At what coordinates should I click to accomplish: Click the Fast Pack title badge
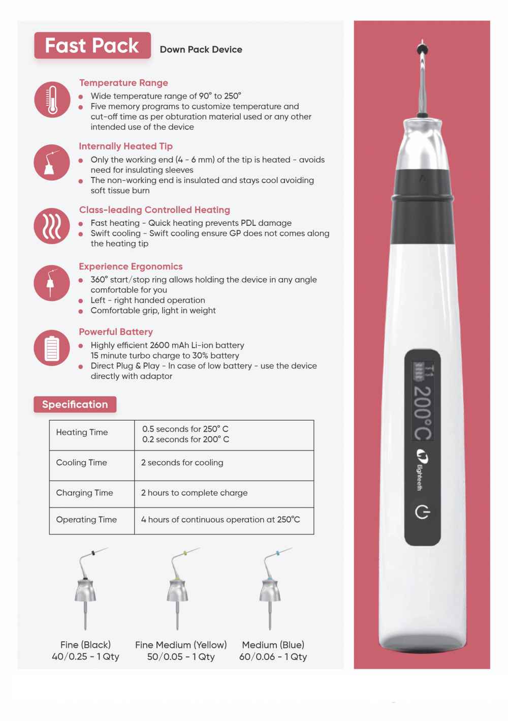(x=92, y=46)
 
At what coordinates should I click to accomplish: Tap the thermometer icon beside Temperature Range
(x=52, y=100)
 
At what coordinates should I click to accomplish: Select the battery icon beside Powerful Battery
(x=52, y=348)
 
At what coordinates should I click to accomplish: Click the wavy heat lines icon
(x=52, y=226)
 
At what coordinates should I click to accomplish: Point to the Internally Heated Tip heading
(x=125, y=146)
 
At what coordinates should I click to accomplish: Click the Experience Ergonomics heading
(x=131, y=266)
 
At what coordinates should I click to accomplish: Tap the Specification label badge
(x=75, y=405)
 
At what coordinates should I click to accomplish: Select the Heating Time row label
(x=82, y=433)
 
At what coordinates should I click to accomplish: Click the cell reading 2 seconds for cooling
(x=182, y=463)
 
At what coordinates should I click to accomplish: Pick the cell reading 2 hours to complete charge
(x=195, y=493)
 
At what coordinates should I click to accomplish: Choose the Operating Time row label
(x=86, y=520)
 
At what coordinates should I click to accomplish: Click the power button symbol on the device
(x=422, y=512)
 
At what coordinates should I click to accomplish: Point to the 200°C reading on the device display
(x=423, y=412)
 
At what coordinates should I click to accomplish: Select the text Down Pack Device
(x=201, y=50)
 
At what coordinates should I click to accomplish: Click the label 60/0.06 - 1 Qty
(x=273, y=657)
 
